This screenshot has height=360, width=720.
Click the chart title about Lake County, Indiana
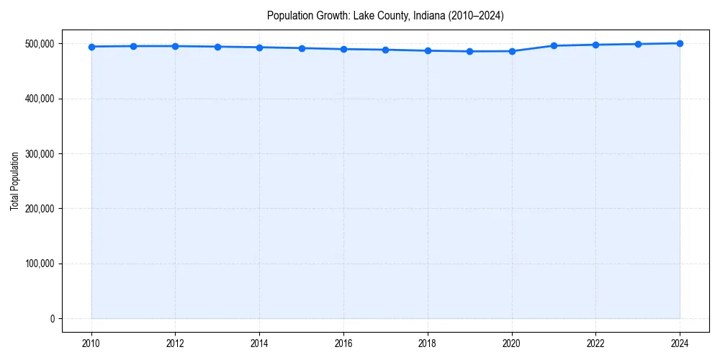point(384,15)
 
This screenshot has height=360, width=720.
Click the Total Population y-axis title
point(14,181)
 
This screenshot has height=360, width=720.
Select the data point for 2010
point(91,47)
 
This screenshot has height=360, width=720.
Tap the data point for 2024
point(680,43)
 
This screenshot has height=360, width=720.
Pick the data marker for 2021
point(554,45)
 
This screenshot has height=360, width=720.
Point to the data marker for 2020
point(512,51)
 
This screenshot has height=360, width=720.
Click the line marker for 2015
point(302,48)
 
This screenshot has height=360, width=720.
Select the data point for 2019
point(469,51)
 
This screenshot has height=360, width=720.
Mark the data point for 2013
point(217,47)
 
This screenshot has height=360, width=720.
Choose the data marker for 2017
point(386,50)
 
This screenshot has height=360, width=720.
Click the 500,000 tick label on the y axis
point(38,44)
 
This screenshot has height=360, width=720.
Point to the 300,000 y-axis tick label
point(38,154)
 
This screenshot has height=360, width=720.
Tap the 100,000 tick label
point(38,264)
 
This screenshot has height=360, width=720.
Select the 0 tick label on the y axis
point(51,319)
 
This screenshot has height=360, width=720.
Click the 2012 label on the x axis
point(176,343)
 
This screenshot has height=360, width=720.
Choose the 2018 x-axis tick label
point(428,343)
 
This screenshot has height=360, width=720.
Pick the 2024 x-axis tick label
point(680,343)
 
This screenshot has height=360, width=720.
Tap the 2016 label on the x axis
point(343,343)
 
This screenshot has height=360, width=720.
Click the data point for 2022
point(595,45)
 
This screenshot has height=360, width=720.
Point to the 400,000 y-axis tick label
point(38,99)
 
